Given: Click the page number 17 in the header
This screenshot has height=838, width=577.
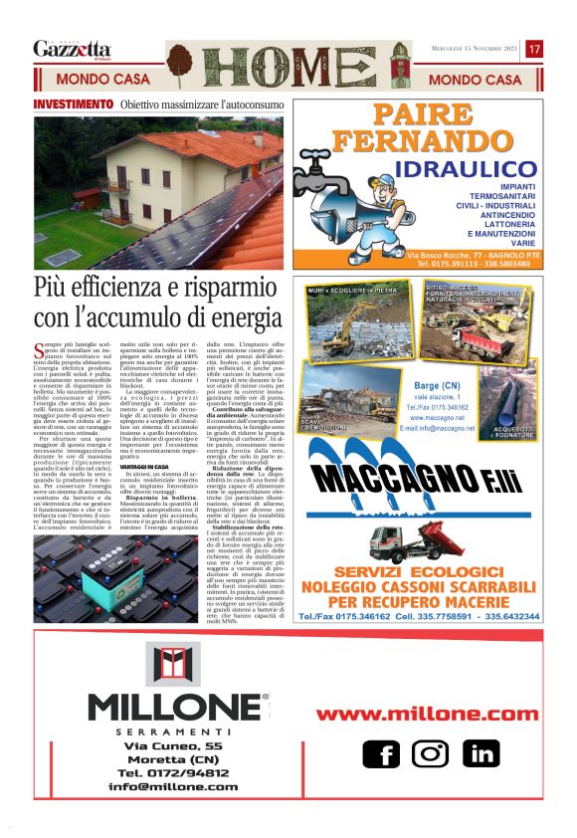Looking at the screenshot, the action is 534,49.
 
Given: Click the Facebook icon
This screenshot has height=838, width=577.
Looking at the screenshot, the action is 381,753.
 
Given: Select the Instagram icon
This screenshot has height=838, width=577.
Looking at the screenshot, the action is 430,753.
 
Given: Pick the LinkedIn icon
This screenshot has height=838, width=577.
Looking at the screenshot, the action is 481,753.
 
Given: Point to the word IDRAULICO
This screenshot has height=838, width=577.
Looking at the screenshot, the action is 465,169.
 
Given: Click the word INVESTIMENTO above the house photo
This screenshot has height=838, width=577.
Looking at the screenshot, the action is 73,105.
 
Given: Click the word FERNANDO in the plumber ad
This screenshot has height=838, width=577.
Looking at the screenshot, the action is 430,140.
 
